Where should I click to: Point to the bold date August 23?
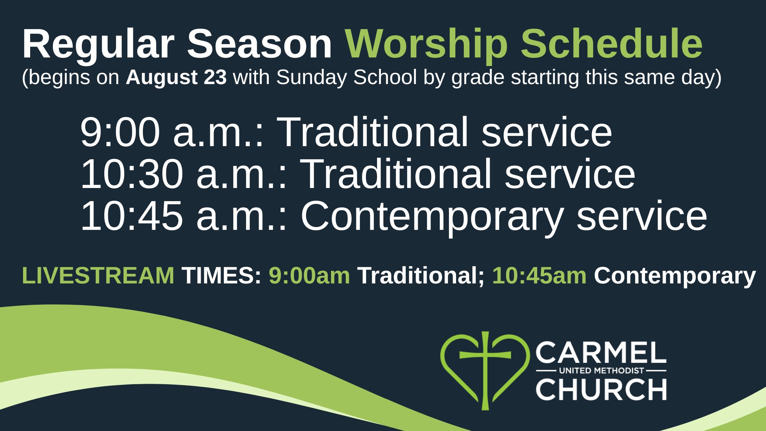pos(176,78)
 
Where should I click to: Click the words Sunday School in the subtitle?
pos(346,77)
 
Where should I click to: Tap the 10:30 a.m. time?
pos(184,174)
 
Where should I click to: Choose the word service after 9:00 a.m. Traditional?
pos(546,132)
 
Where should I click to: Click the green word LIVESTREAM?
pos(98,276)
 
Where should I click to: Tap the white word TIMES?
pos(222,276)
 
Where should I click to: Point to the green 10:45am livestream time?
pos(539,276)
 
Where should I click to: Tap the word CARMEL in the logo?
pos(601,352)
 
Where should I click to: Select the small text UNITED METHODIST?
pos(601,371)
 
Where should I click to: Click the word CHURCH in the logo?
pos(601,390)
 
